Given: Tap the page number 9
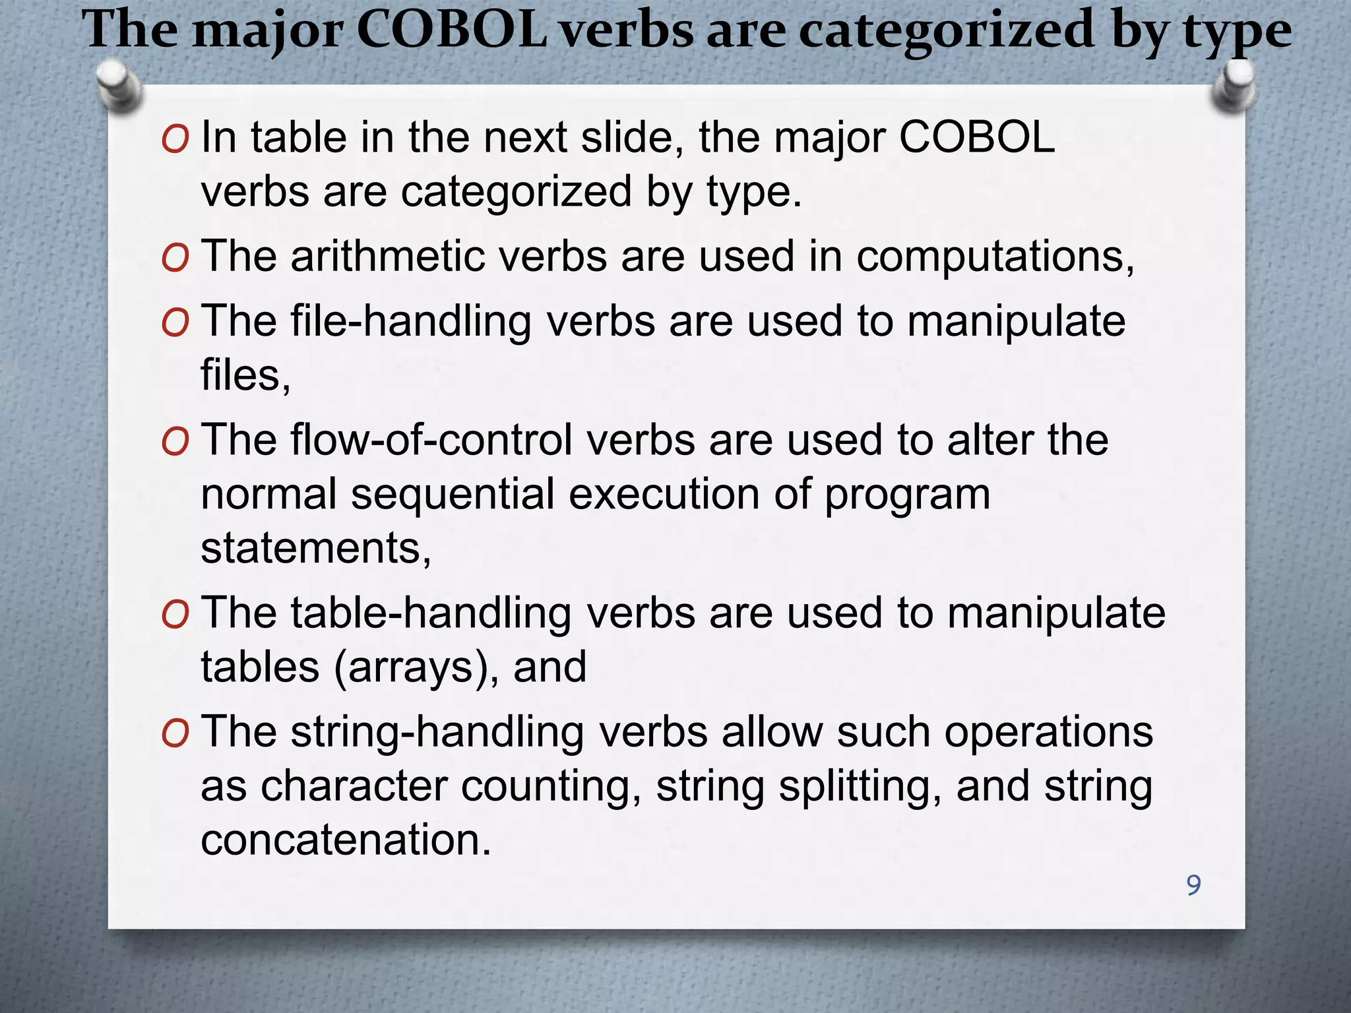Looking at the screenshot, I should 1193,885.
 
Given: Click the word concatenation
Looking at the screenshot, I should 346,840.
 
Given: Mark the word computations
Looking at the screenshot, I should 995,256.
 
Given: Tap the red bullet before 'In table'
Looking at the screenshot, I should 175,139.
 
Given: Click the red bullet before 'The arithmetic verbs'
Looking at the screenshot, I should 175,258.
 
